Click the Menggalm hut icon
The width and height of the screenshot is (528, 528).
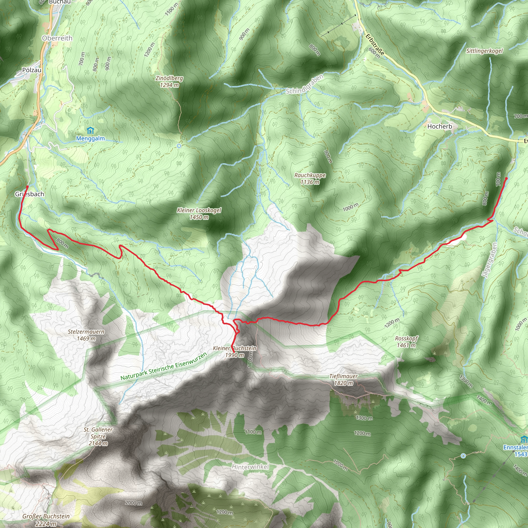(x=90, y=131)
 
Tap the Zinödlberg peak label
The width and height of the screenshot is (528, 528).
(x=169, y=81)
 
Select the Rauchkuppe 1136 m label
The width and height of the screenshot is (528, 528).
(x=310, y=178)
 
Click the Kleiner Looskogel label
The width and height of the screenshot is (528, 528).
(x=199, y=213)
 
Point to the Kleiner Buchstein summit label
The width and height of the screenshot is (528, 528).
(x=235, y=351)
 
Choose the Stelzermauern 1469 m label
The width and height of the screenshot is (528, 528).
(x=86, y=335)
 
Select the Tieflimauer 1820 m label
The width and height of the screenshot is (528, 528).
(x=343, y=379)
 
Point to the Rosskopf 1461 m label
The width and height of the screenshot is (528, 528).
(x=406, y=342)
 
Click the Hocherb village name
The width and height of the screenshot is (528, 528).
(x=440, y=126)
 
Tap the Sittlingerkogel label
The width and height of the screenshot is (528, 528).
(x=484, y=51)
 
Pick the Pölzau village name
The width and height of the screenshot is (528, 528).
(x=32, y=70)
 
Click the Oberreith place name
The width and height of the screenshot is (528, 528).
(x=57, y=38)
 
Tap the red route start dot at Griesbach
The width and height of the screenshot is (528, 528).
(x=27, y=187)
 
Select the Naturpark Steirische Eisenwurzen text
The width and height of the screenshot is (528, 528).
(x=164, y=367)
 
